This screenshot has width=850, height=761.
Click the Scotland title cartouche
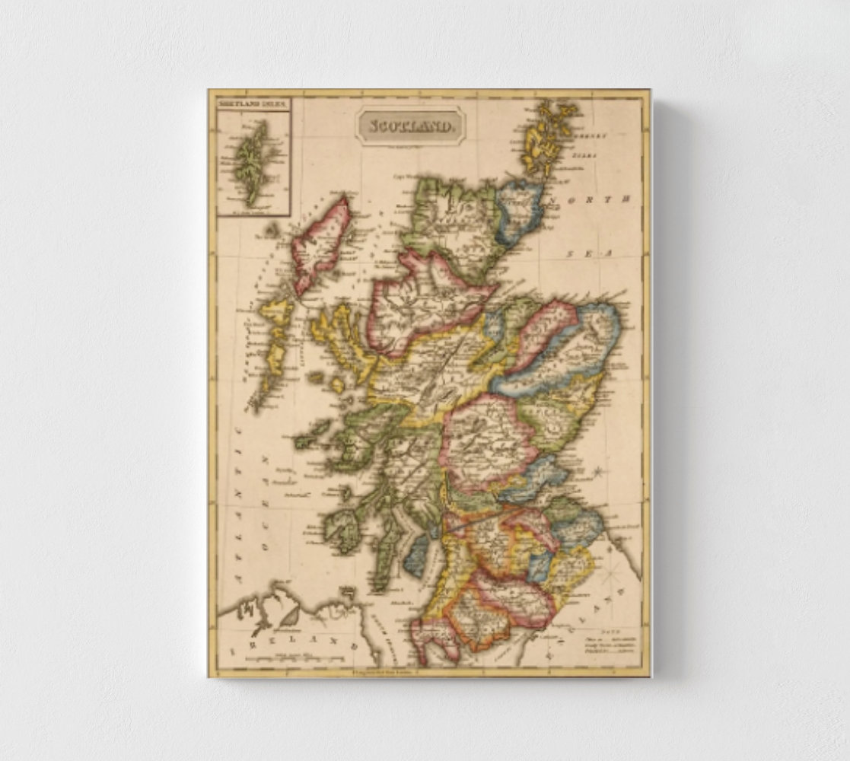pyautogui.click(x=409, y=124)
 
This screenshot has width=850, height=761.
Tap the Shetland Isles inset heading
pyautogui.click(x=253, y=102)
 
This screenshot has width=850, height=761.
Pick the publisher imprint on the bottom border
pyautogui.click(x=380, y=670)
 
